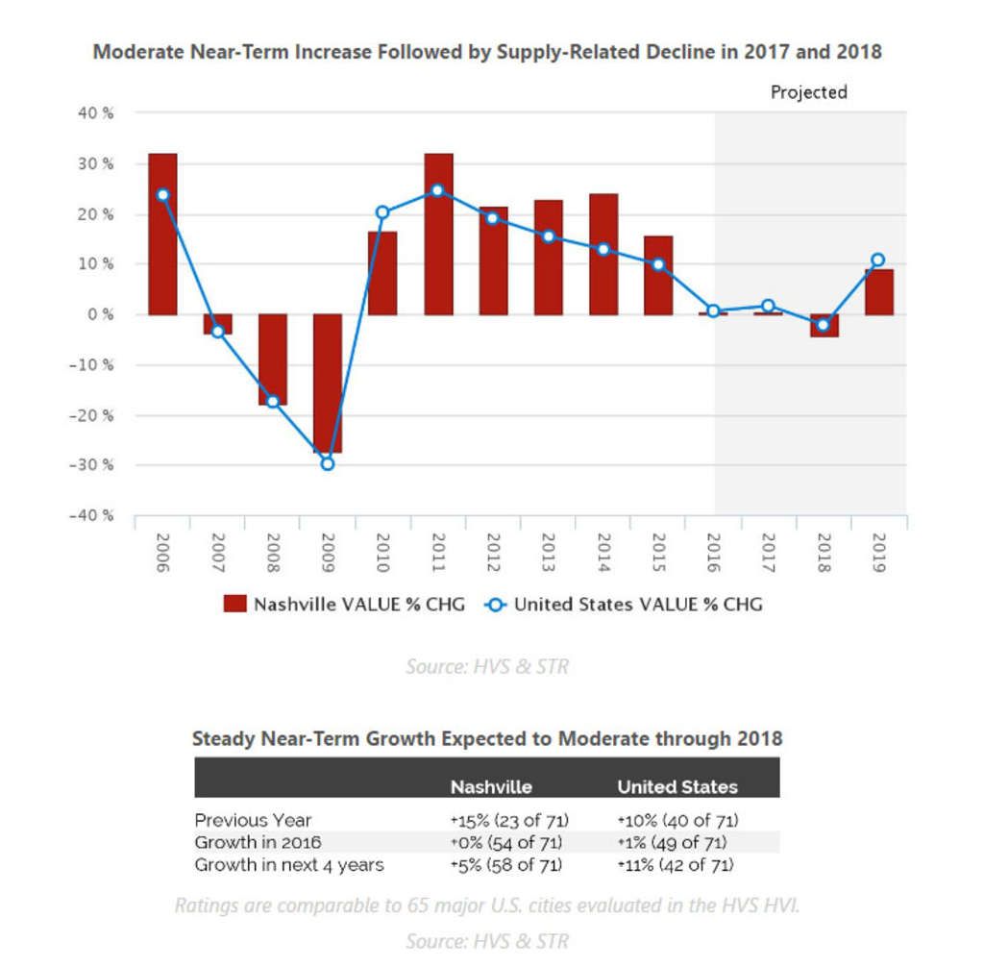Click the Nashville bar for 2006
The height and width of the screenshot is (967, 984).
pos(162,234)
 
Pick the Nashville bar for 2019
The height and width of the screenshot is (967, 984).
pos(878,292)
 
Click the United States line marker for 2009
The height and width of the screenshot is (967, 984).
pos(328,463)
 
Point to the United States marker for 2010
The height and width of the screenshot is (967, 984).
pos(382,212)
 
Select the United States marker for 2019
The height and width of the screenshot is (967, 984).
pos(878,260)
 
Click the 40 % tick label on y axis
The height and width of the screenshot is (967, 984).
pos(94,113)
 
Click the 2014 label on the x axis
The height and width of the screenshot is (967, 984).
pos(603,554)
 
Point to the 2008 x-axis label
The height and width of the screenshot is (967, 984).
pos(273,554)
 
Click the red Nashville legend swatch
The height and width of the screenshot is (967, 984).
pos(234,605)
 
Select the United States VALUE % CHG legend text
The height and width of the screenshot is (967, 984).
pos(638,605)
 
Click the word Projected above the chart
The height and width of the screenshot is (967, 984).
pos(809,92)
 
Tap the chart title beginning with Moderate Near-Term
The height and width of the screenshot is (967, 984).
pos(486,52)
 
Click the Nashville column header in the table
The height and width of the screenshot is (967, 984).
pos(491,786)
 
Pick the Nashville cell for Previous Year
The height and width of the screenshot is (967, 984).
pos(509,820)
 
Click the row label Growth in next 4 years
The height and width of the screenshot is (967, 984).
pos(289,864)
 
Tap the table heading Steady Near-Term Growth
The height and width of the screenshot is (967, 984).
pos(486,739)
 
